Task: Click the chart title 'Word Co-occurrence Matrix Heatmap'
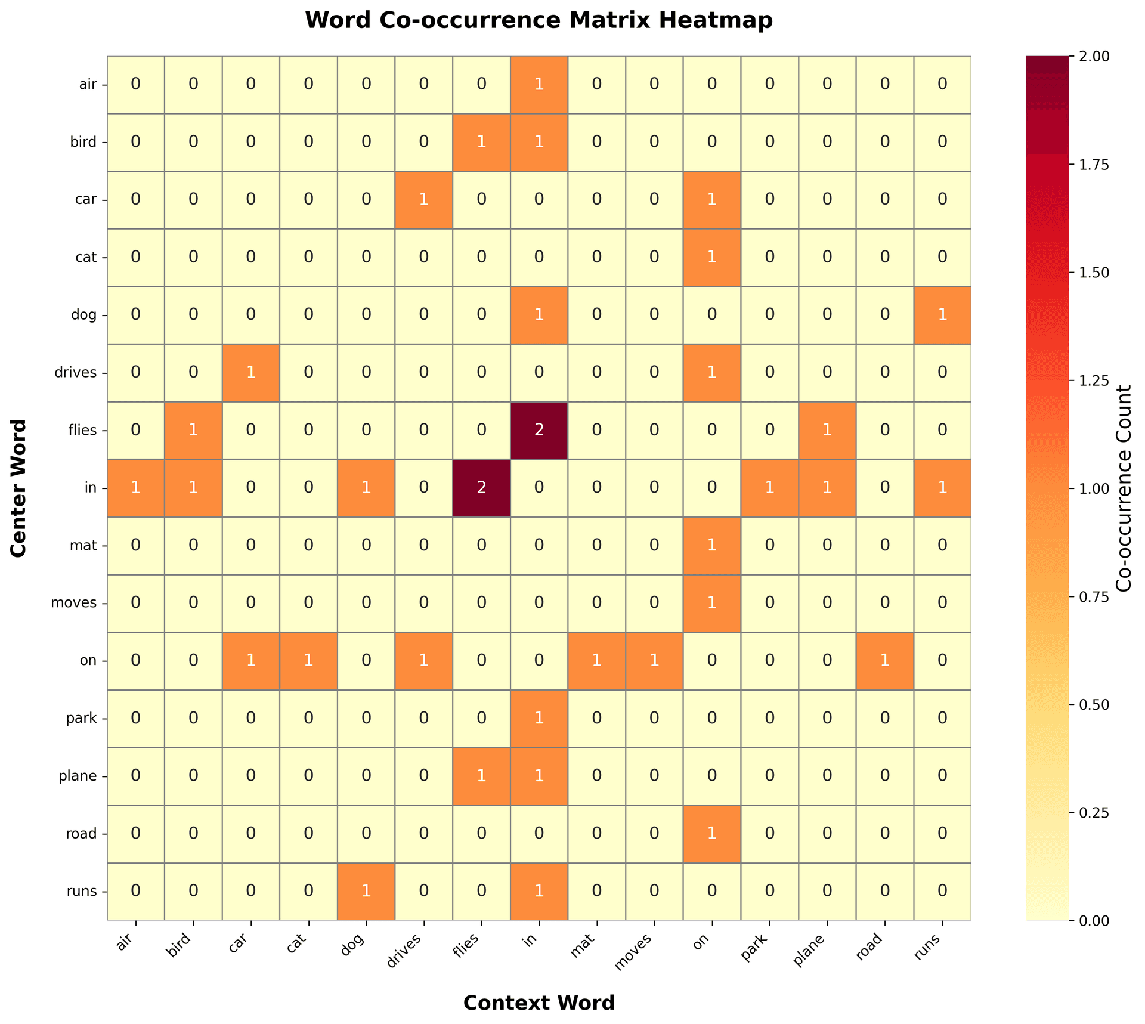tap(539, 21)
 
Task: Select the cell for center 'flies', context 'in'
tap(539, 431)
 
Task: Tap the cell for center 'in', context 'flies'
tap(481, 488)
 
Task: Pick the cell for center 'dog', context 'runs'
tap(942, 315)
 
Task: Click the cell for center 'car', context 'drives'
tap(423, 200)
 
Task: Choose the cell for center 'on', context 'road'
tap(884, 661)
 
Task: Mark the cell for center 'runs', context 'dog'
tap(366, 892)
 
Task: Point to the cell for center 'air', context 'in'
tap(539, 85)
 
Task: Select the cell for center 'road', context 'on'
tap(711, 834)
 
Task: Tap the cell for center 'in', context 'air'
tap(135, 488)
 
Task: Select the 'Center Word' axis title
tap(19, 488)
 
